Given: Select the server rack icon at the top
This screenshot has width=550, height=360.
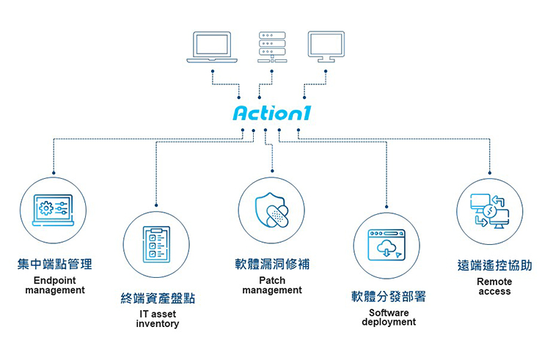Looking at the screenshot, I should click(271, 47).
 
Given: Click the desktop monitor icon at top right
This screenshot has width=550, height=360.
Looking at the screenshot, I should click(326, 47).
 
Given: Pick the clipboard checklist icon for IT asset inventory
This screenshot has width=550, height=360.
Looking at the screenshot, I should click(156, 243).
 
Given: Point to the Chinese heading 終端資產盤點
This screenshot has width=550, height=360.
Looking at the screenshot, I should click(158, 298).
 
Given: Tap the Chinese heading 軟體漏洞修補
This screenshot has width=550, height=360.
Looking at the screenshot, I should click(272, 264).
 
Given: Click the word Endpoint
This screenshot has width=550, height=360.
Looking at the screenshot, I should click(55, 280).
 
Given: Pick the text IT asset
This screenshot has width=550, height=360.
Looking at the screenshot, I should click(158, 314).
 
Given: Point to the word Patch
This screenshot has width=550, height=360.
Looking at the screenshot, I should click(272, 280).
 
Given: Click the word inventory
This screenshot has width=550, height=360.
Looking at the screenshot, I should click(158, 323).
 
